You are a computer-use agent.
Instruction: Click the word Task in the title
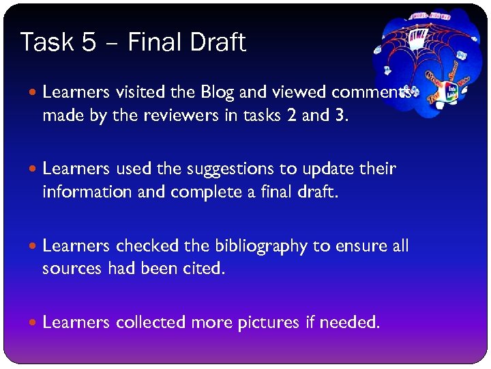click(x=46, y=42)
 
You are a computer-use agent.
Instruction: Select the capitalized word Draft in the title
click(x=216, y=42)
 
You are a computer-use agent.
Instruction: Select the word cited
click(x=203, y=269)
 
